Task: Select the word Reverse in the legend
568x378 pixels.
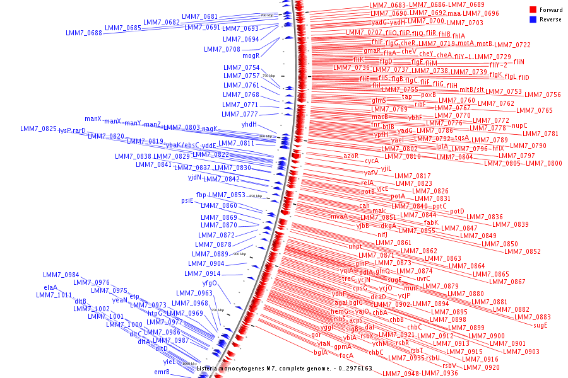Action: click(550, 20)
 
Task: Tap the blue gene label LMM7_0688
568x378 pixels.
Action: click(83, 33)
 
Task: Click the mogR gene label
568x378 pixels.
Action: click(251, 55)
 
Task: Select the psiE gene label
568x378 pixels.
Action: click(187, 201)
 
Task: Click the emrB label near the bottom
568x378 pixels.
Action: click(162, 372)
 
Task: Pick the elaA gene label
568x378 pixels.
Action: click(50, 287)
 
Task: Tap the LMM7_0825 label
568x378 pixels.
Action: click(38, 129)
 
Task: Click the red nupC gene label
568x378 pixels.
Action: click(519, 125)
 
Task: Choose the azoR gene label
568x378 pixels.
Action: click(351, 155)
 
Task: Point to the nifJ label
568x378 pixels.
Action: click(382, 234)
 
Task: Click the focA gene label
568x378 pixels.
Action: click(346, 355)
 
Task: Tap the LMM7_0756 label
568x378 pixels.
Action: click(542, 94)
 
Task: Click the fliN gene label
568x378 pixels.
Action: click(519, 62)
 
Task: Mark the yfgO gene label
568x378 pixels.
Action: click(210, 283)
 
